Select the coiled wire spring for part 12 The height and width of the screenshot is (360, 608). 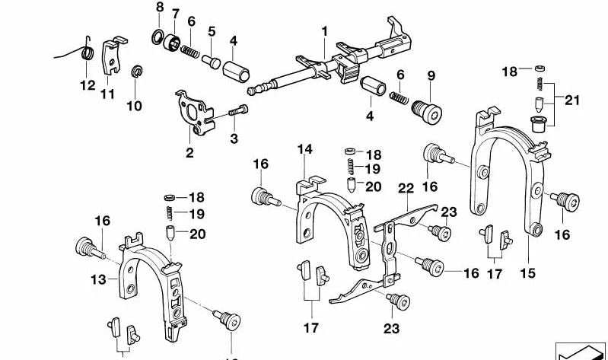click(x=87, y=53)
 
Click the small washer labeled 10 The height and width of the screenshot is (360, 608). click(x=138, y=72)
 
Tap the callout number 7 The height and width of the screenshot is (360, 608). click(x=175, y=14)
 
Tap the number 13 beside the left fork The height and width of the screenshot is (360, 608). click(x=98, y=280)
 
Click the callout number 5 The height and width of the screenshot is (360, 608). click(x=212, y=31)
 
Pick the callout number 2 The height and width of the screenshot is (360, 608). click(x=189, y=152)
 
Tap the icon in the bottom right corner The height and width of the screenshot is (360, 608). click(x=581, y=348)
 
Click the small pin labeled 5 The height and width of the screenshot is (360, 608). click(x=210, y=60)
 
